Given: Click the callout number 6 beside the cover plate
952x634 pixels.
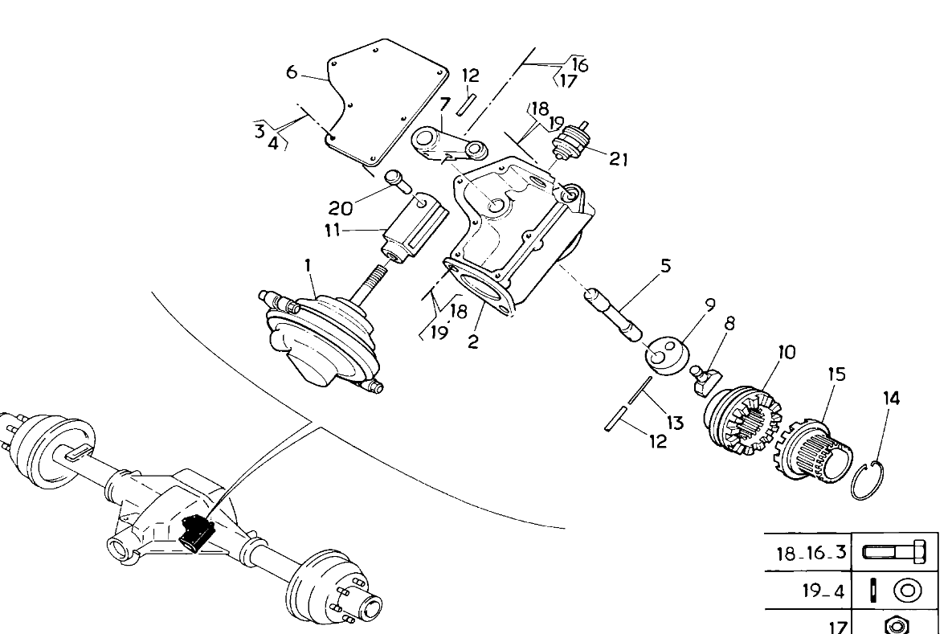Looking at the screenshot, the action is point(292,72).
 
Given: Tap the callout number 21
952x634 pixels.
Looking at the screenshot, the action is point(618,159).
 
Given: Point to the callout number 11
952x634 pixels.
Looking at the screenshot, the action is point(332,231).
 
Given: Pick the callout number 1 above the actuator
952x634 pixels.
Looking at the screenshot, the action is point(308,265).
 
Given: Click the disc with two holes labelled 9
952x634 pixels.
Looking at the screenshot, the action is point(665,357).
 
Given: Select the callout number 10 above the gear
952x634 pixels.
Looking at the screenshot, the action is point(787,352).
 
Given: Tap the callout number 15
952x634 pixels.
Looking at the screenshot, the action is point(836,374).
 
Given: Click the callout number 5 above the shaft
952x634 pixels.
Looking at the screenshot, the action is point(665,265).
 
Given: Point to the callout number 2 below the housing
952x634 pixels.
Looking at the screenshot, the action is point(473,342).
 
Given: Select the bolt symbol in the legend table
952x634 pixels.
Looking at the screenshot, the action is point(893,553).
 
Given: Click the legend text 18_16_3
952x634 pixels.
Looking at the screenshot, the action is point(811,554).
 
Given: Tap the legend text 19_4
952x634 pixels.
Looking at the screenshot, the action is point(824,591).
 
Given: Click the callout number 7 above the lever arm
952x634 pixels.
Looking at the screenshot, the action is point(444,104).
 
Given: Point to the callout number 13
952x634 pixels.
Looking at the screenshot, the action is point(674,423).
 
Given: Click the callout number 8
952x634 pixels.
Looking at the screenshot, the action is point(729,323).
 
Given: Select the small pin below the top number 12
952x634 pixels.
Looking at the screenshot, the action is point(466,103).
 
